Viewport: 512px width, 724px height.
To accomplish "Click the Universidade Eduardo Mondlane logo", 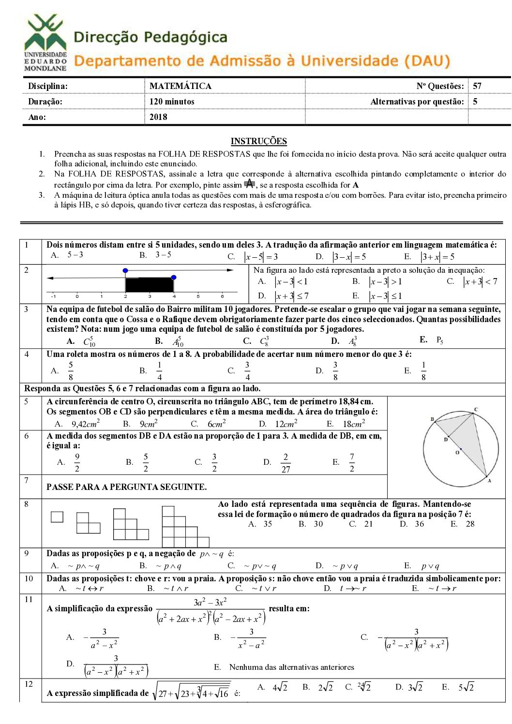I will [45, 43].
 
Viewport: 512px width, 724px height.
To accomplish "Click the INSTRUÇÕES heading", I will [258, 141].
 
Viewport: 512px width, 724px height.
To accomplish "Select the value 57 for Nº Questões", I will [477, 86].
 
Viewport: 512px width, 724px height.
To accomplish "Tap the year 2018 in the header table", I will [158, 117].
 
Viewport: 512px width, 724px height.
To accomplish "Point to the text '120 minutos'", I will [172, 102].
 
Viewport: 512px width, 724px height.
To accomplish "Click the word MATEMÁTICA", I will [181, 86].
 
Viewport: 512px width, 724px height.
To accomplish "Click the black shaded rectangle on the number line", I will [150, 284].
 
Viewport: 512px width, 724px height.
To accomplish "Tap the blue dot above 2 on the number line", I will [125, 270].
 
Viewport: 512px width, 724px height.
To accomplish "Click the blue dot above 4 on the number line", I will [174, 277].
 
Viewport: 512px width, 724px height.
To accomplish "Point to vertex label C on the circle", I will [476, 410].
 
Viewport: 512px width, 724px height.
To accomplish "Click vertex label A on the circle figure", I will [489, 481].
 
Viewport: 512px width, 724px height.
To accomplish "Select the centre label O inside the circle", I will [457, 453].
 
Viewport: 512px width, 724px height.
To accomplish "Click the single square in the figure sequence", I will [57, 517].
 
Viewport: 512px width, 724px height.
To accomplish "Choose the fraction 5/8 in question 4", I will [71, 371].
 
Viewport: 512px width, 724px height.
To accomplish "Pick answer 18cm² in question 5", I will [354, 424].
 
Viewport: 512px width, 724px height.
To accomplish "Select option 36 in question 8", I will [419, 524].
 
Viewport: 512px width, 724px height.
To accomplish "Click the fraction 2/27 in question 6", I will [286, 463].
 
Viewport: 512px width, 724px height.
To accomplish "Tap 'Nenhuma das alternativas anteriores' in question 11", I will [291, 667].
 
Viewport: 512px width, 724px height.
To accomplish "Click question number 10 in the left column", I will [29, 579].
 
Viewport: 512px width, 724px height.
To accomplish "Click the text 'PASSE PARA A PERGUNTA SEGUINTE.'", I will [126, 487].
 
